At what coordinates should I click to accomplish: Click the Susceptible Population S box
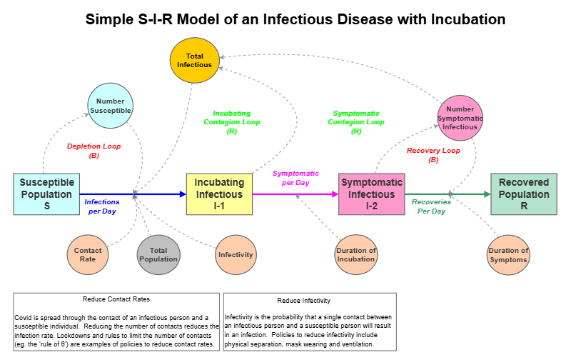tap(46, 194)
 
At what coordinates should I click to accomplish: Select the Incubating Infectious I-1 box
tap(220, 194)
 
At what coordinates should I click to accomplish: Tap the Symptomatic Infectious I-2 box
tap(371, 194)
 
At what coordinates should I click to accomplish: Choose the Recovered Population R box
tap(523, 194)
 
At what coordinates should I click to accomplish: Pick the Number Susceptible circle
tap(111, 106)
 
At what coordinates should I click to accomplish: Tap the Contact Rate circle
tap(88, 255)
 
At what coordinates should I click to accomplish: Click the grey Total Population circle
tap(158, 255)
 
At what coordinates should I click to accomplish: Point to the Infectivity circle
tap(236, 255)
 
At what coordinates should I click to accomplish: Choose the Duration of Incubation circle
tap(356, 255)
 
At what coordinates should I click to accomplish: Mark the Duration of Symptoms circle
tap(509, 255)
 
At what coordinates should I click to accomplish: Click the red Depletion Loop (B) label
tap(94, 151)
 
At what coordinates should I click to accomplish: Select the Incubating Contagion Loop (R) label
tap(232, 122)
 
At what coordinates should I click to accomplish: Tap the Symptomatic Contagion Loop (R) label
tap(356, 122)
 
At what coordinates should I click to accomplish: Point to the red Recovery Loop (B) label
tap(433, 155)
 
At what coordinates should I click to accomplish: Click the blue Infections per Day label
tap(102, 206)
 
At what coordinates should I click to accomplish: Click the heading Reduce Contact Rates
tap(117, 299)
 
